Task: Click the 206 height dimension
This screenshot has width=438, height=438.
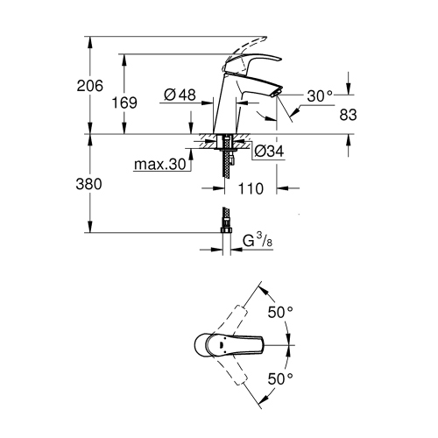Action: click(89, 86)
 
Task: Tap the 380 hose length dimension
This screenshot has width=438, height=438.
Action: click(89, 184)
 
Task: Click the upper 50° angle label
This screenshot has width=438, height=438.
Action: click(281, 312)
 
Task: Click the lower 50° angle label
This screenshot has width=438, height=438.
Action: click(281, 379)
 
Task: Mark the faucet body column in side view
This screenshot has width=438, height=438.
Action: click(225, 109)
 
